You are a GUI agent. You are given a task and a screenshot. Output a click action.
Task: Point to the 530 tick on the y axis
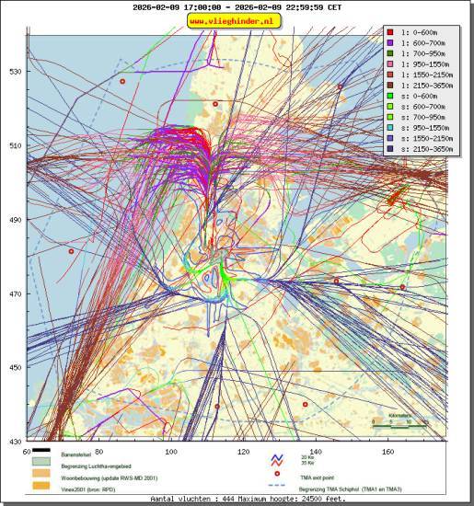coord(15,72)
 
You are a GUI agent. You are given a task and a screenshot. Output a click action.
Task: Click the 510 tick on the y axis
coord(15,145)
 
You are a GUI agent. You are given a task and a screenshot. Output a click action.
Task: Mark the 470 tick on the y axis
coord(15,294)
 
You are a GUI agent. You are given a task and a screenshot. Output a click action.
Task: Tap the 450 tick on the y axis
coord(15,368)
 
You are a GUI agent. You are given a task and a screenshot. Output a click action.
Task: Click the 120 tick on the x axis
coord(244,451)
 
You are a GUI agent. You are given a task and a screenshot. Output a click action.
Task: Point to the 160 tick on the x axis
coord(388,451)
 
